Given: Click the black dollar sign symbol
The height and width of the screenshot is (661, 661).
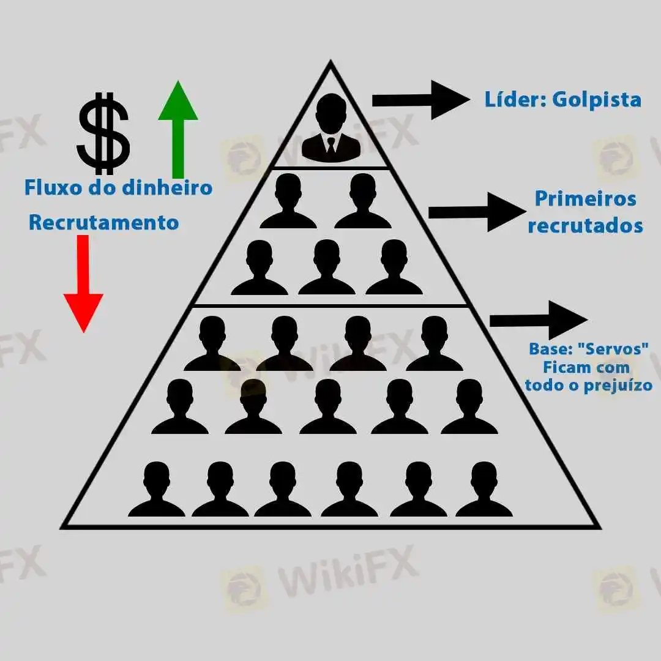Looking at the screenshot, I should click(x=103, y=133).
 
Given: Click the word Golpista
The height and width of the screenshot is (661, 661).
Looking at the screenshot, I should click(x=596, y=99).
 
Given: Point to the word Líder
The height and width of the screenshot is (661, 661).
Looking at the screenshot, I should click(x=514, y=99).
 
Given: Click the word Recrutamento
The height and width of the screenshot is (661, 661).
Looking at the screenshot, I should click(x=103, y=222).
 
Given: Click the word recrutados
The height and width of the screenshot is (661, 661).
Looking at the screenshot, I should click(x=585, y=225).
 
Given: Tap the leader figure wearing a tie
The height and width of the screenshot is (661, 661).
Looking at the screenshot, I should click(x=330, y=129).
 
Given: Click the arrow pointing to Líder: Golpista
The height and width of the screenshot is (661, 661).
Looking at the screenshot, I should click(x=419, y=99).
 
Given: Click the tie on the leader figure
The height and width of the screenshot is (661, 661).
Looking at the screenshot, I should click(x=330, y=147).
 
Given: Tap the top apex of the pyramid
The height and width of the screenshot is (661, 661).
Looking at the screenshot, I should click(x=330, y=62).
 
